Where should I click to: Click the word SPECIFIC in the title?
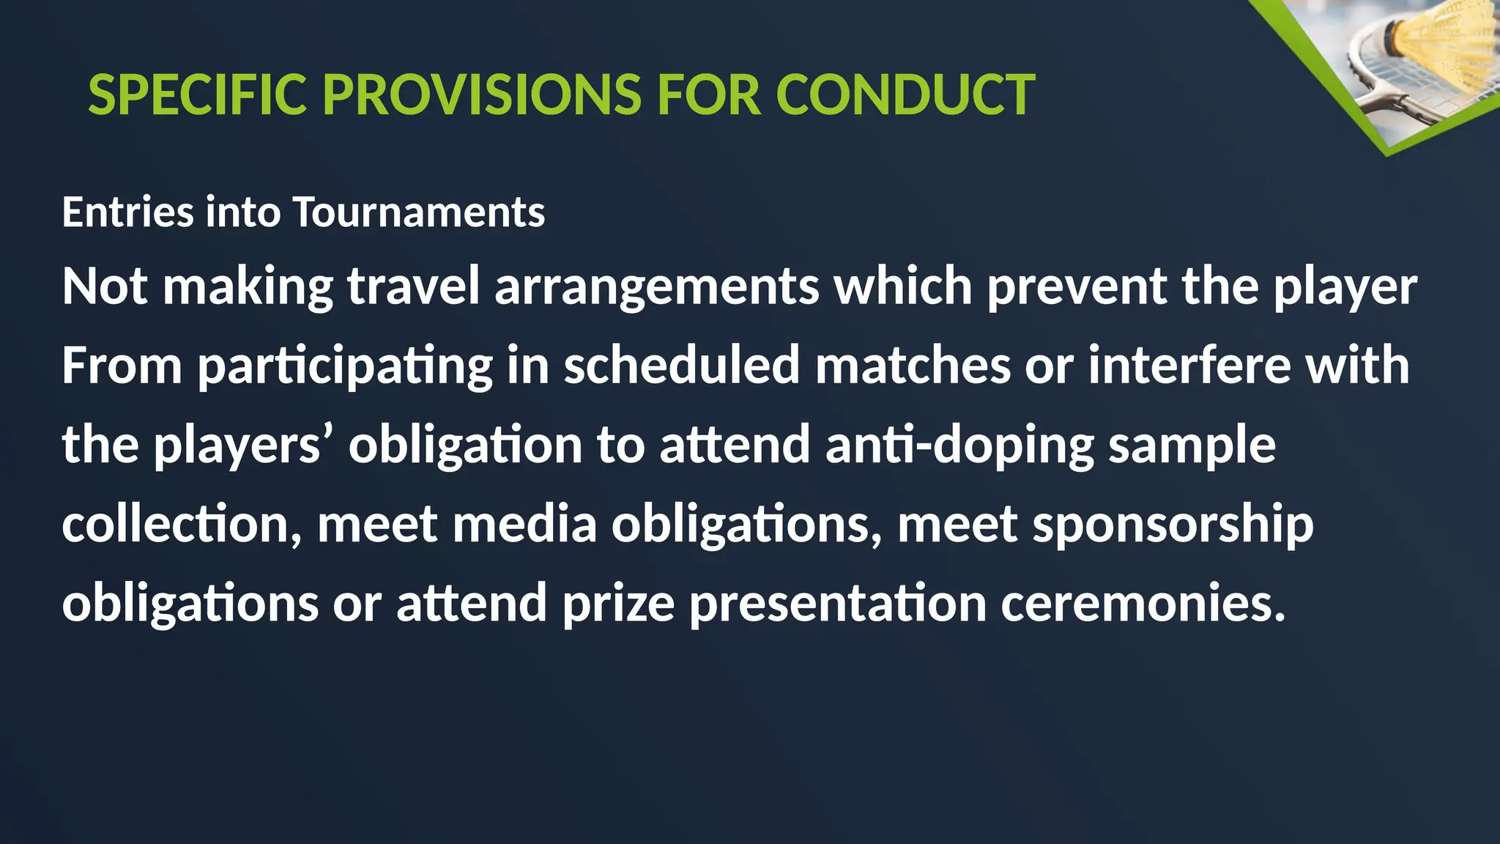197,95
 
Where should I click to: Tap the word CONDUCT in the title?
905,95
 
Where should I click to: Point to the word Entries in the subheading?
128,212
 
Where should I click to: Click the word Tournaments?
419,212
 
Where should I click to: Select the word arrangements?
657,287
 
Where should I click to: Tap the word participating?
345,366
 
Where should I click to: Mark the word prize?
618,604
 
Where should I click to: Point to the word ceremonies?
1143,604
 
